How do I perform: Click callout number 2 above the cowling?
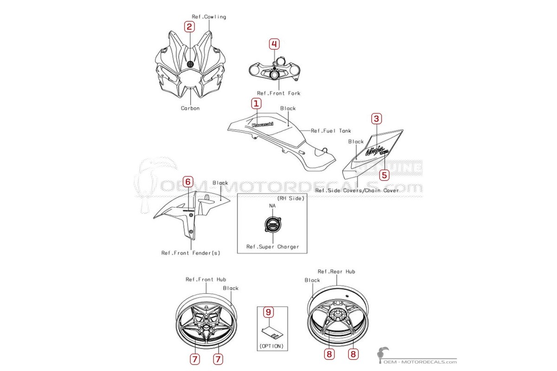point(189,26)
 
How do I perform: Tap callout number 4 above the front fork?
point(274,44)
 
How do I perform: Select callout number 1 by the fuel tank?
point(256,103)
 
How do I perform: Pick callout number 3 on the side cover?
point(376,119)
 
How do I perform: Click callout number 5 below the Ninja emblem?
point(384,175)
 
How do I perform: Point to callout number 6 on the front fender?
point(188,182)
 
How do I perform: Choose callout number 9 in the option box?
point(269,312)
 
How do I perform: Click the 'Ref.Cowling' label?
point(209,17)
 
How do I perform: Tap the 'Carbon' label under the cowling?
point(190,108)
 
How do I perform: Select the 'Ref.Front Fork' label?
point(279,93)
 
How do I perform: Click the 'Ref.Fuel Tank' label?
point(331,131)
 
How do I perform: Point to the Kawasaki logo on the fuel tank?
point(263,124)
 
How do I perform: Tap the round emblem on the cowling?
point(190,64)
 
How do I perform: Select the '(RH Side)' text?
point(291,198)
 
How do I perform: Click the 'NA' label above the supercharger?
point(272,206)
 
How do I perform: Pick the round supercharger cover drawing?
point(273,224)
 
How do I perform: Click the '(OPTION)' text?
point(272,346)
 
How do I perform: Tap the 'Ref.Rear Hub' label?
point(337,271)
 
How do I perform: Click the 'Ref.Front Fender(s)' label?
point(191,253)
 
